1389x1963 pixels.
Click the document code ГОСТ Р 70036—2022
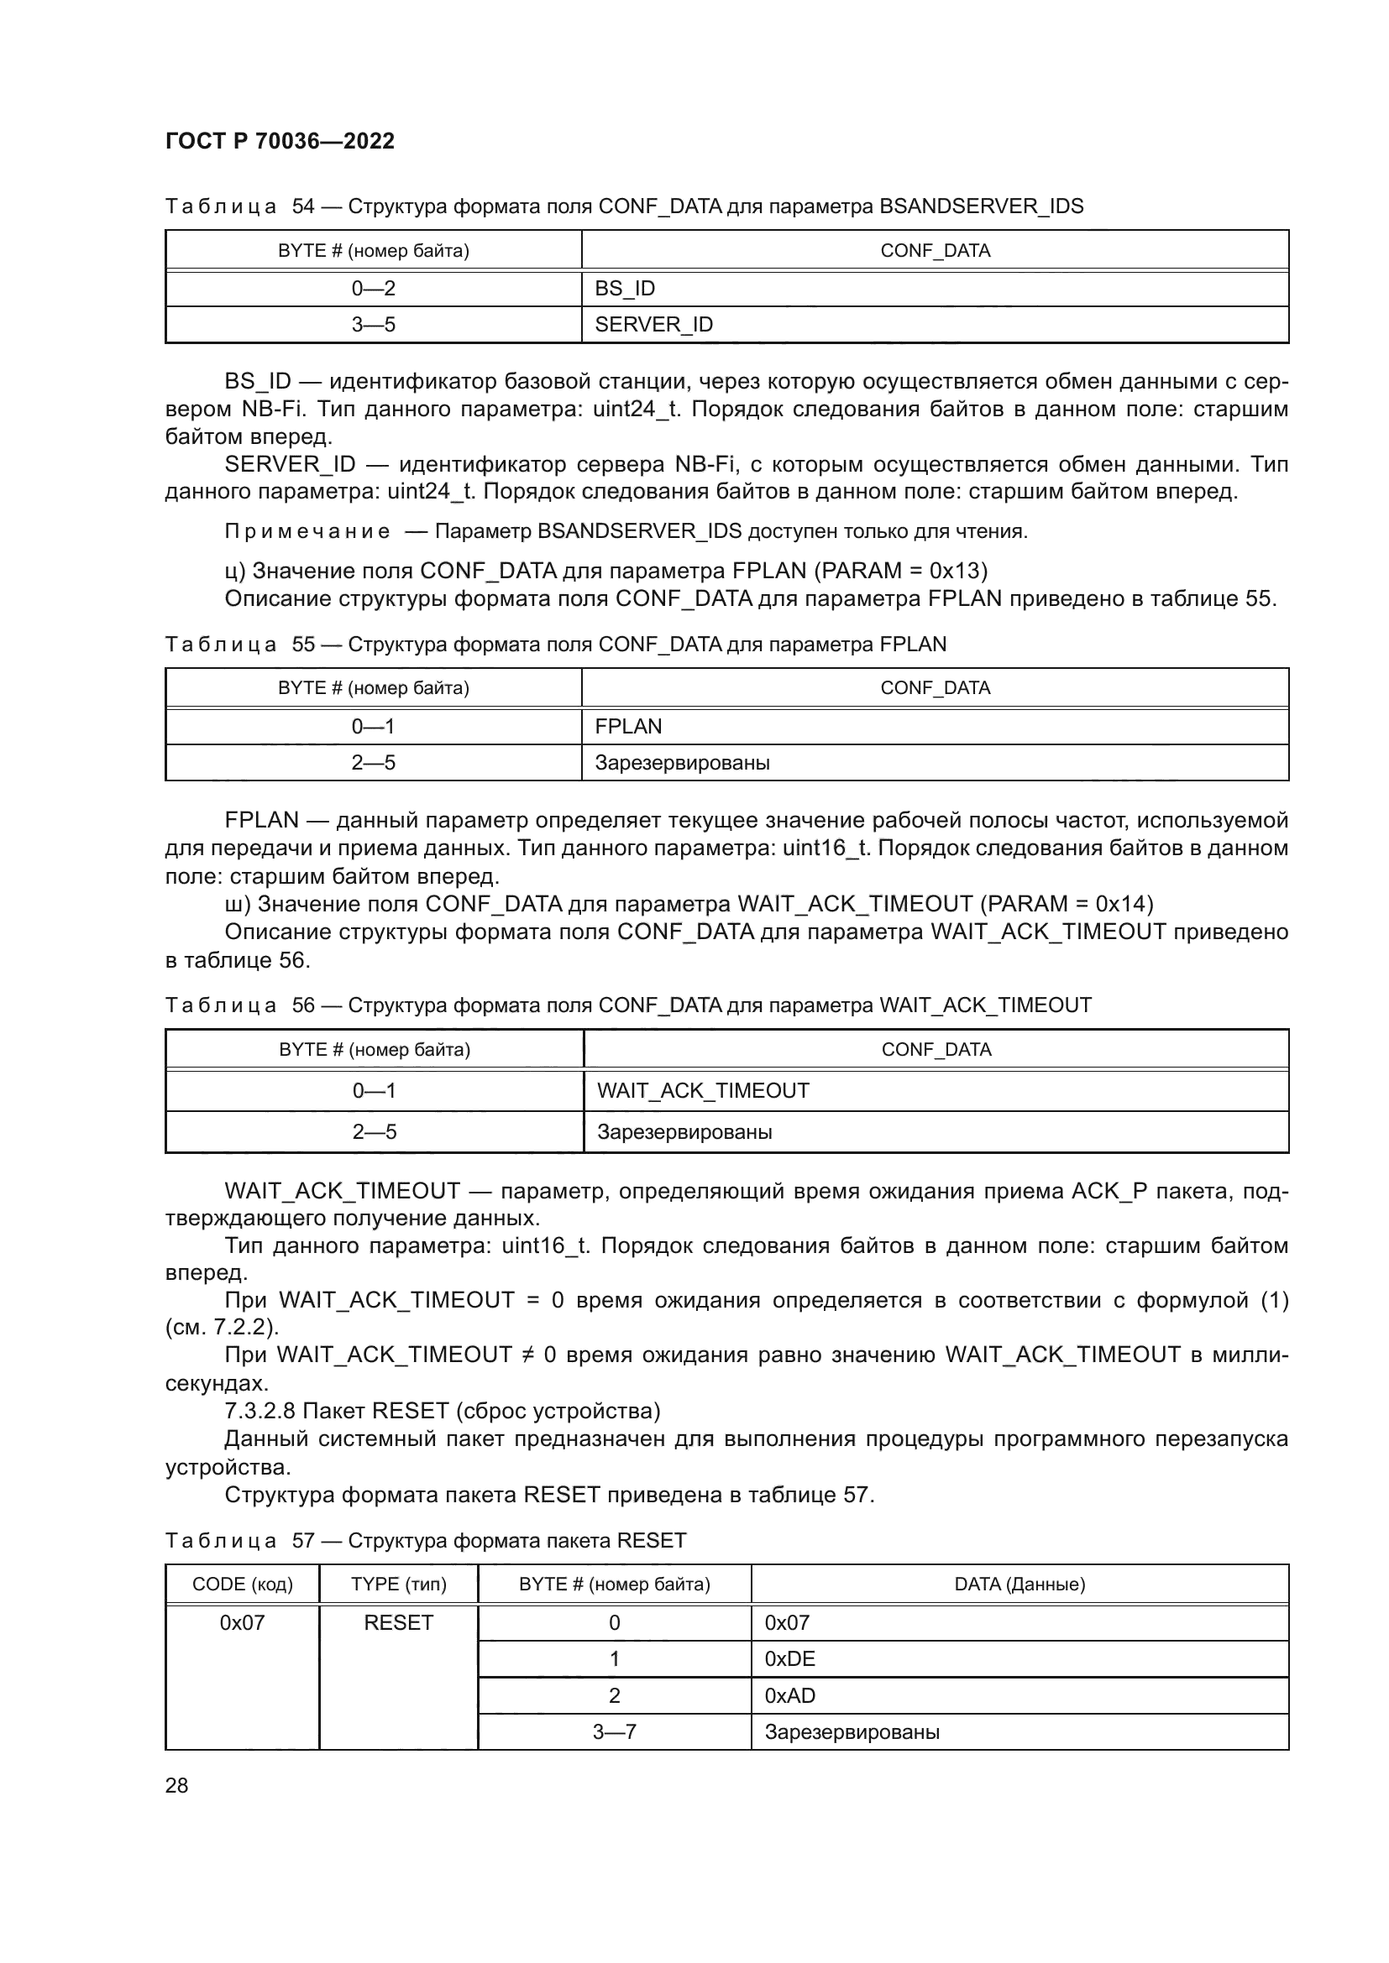tap(280, 141)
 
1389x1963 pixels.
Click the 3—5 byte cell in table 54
tap(373, 325)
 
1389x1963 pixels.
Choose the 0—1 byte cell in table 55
tap(373, 727)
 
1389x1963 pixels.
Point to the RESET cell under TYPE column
tap(399, 1623)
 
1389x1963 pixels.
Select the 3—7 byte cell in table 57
tap(614, 1733)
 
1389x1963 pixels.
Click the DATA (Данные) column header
tap(1019, 1584)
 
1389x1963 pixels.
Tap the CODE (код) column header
tap(242, 1584)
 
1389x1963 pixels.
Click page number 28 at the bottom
tap(176, 1785)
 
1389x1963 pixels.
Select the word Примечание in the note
tap(307, 532)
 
